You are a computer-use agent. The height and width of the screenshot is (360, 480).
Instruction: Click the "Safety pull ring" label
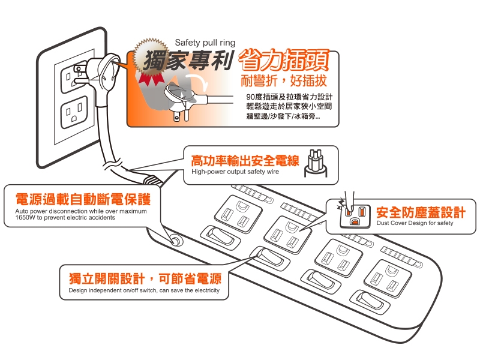click(x=205, y=43)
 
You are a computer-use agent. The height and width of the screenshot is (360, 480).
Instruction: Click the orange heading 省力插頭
click(x=283, y=61)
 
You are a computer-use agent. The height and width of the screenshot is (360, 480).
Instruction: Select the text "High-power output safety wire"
click(x=235, y=172)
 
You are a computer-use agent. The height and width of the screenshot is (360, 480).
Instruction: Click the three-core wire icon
click(x=316, y=163)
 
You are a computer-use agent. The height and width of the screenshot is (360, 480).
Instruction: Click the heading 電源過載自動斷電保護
click(x=83, y=199)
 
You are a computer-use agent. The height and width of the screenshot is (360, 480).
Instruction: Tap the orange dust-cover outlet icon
click(x=355, y=216)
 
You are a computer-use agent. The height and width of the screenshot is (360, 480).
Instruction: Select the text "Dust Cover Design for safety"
click(x=415, y=223)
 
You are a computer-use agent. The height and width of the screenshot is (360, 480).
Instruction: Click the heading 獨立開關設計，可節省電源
click(x=145, y=278)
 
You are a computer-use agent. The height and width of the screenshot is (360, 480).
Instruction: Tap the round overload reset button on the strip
click(x=176, y=241)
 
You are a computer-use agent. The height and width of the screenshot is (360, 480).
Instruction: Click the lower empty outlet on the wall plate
click(x=74, y=112)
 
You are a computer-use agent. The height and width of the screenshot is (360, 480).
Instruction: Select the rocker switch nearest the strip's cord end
click(x=220, y=236)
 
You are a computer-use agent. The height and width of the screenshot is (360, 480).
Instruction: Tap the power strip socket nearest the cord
click(x=238, y=214)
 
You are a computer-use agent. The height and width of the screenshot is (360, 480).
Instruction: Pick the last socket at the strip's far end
click(x=388, y=278)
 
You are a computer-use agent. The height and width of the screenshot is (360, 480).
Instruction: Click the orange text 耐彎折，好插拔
click(x=284, y=80)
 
